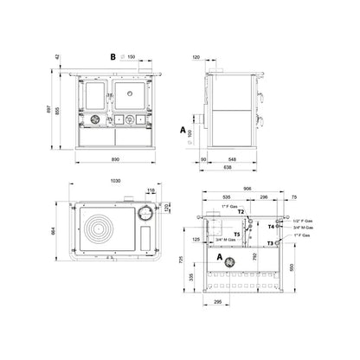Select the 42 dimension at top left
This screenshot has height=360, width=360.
(58, 57)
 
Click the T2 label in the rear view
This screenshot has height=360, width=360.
(241, 212)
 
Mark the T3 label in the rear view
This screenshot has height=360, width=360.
(271, 244)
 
